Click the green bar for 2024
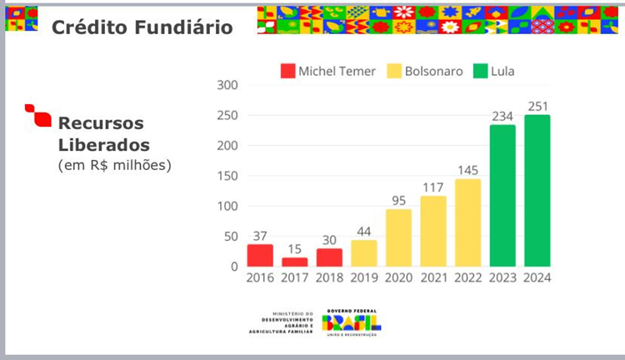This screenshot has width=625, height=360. point(537,191)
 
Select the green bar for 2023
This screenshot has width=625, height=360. point(502,196)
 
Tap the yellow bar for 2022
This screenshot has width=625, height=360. point(467,222)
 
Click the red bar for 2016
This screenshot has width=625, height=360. point(260,255)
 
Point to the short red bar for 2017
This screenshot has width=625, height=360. point(294,262)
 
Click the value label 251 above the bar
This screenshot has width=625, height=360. point(537,106)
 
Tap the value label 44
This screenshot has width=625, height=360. point(364,231)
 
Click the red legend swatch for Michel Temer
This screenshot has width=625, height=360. point(287,71)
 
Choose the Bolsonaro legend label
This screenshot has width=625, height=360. point(433,71)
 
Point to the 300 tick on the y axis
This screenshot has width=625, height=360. point(227,85)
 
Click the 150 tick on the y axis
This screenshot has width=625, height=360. point(227,176)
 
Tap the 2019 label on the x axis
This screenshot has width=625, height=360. point(364,278)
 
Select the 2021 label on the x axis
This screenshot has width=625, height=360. point(433,278)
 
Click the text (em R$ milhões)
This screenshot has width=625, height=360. point(114,165)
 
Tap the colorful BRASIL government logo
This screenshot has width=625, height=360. point(351,321)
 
